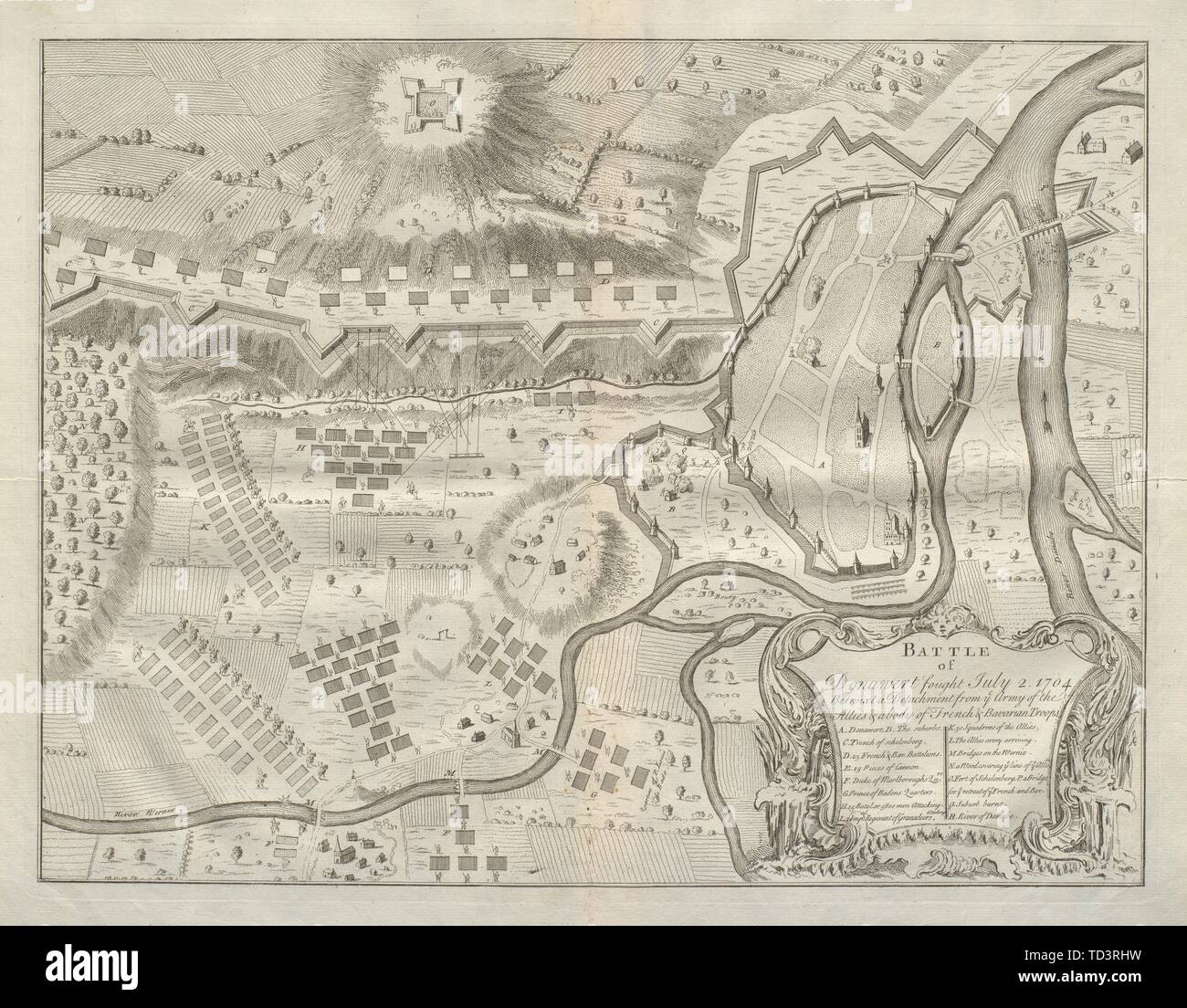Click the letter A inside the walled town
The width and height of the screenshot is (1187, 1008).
pos(821,465)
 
